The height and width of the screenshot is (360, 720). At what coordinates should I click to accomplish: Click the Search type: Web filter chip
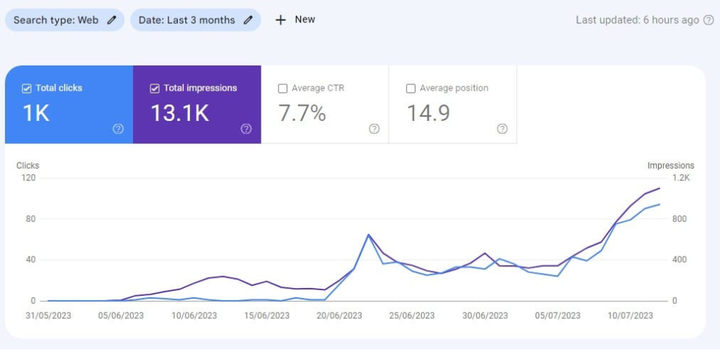pos(64,20)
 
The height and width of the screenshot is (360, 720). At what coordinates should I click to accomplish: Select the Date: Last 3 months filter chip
pos(196,20)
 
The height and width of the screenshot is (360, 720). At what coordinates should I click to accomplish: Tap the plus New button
pos(294,19)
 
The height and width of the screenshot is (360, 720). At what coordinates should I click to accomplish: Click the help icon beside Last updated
pos(709,20)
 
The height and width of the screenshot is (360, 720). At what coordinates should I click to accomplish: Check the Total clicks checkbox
pos(27,89)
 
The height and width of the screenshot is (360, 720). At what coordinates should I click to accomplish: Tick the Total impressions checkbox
pos(155,89)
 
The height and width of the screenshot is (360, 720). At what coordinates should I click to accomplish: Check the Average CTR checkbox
pos(283,89)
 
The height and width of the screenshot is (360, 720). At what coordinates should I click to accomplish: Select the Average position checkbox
pos(411,89)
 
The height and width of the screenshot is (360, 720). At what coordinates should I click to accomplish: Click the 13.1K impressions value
pos(180,113)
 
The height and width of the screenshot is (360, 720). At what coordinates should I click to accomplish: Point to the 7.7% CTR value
pos(302,113)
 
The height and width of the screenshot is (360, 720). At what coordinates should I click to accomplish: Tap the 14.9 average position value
pos(428,113)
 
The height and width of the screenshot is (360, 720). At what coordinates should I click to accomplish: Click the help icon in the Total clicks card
pos(118,129)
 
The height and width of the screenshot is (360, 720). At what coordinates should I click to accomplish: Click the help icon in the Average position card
pos(503,129)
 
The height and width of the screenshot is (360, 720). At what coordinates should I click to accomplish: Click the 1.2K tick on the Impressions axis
pos(681,178)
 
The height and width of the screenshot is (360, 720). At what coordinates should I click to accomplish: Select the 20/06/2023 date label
pos(340,316)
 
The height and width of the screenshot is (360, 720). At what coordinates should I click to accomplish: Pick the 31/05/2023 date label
pos(48,316)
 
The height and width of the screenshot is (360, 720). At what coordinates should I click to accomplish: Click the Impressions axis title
pos(671,166)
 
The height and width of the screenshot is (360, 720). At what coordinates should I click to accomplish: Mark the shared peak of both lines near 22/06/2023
pos(368,235)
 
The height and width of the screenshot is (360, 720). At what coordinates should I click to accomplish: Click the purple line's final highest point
pos(660,188)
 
